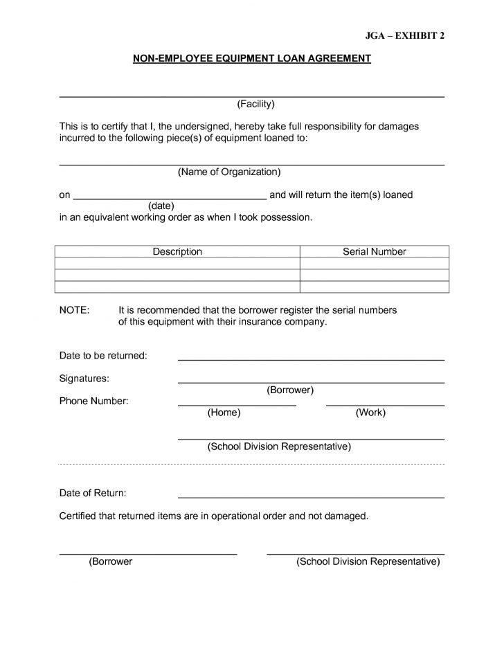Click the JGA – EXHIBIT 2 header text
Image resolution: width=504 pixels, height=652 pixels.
[x=404, y=36]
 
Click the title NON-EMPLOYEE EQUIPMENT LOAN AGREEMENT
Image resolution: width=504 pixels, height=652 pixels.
[x=252, y=60]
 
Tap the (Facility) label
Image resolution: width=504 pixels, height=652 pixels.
[x=256, y=104]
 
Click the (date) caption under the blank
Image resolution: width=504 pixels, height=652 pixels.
[x=161, y=206]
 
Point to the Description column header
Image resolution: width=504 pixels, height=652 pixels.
[x=177, y=252]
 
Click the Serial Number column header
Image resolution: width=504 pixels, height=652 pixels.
[x=375, y=252]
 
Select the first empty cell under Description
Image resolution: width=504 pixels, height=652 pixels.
[x=177, y=264]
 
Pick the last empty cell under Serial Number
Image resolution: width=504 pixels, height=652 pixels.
[x=375, y=287]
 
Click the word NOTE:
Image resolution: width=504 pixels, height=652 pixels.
[x=74, y=311]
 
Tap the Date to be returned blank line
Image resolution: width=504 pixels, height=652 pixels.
[x=311, y=359]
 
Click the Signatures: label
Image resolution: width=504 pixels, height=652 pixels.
[x=84, y=379]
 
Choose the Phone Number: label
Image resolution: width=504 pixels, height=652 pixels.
[x=93, y=401]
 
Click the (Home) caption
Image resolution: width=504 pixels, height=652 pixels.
[x=224, y=413]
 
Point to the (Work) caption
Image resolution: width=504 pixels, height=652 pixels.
[x=370, y=413]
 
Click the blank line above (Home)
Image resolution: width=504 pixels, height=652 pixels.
[x=237, y=404]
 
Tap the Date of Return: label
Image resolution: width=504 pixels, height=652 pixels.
[x=93, y=493]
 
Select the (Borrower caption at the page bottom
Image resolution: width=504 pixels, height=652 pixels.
[x=111, y=562]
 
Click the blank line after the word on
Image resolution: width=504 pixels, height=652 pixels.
[x=170, y=198]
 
